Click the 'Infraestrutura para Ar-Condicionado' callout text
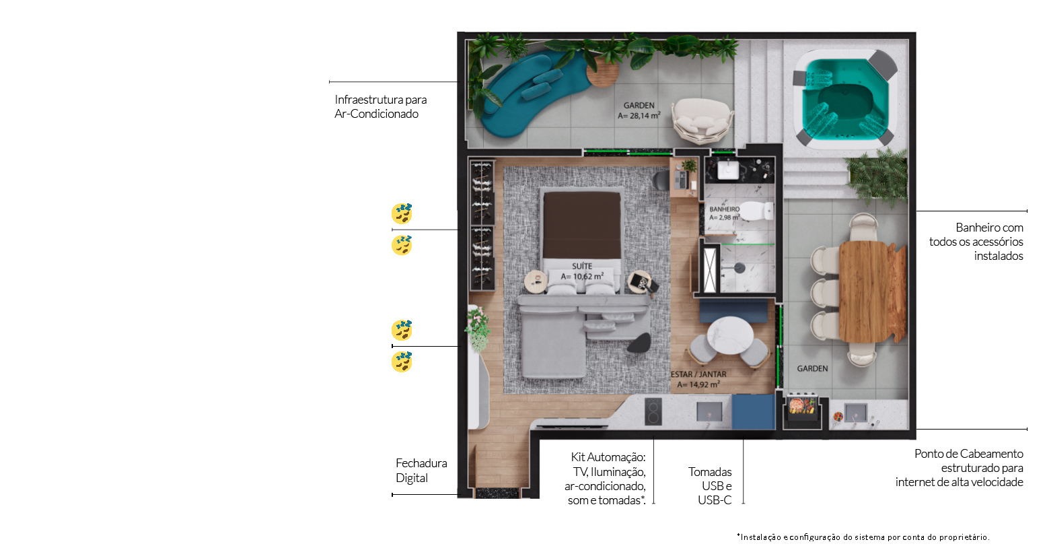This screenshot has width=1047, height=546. tap(380, 106)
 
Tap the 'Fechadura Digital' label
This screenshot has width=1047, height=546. tap(421, 471)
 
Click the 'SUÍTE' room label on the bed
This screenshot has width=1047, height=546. tap(582, 266)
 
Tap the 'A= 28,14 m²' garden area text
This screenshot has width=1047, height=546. tap(639, 116)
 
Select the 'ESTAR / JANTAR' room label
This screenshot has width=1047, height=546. tap(698, 374)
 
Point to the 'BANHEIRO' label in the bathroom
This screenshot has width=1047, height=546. tap(725, 209)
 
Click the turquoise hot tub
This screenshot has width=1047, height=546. tap(844, 100)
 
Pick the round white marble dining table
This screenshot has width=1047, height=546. tap(729, 335)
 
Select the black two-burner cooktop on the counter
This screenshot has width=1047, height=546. tap(653, 411)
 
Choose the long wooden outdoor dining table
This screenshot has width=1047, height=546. tap(872, 292)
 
